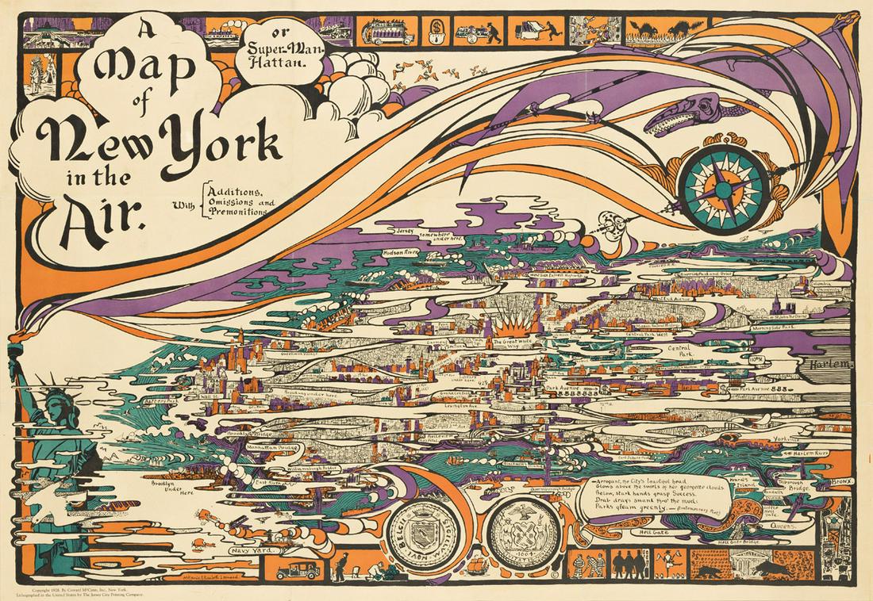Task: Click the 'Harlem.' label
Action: [829, 363]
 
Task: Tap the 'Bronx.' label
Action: [847, 480]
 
